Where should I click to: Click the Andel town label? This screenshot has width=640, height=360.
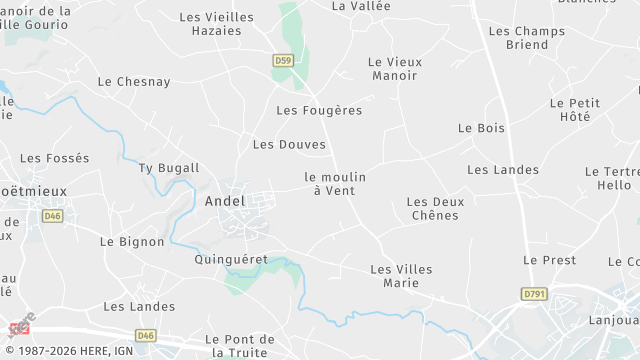(x=224, y=201)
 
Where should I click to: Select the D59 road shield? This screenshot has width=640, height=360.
(x=283, y=61)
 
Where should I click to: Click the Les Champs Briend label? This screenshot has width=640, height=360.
(x=526, y=38)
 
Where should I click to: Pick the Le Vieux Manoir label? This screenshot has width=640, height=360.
(x=395, y=68)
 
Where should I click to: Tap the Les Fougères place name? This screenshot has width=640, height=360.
(x=319, y=110)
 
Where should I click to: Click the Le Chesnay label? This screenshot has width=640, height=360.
(x=134, y=82)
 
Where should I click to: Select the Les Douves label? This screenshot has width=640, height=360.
(x=289, y=145)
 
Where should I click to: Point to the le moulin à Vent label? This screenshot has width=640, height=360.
(x=335, y=183)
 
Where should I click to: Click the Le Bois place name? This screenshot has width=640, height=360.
(x=481, y=128)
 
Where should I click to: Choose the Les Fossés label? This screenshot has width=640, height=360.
(x=54, y=158)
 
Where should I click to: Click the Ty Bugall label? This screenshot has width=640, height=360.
(x=169, y=168)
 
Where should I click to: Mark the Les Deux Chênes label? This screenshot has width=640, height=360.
(x=435, y=208)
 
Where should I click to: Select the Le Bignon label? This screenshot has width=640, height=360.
(x=132, y=242)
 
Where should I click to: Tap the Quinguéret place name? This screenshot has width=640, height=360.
(x=229, y=259)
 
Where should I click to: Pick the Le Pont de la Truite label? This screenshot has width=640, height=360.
(x=239, y=345)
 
